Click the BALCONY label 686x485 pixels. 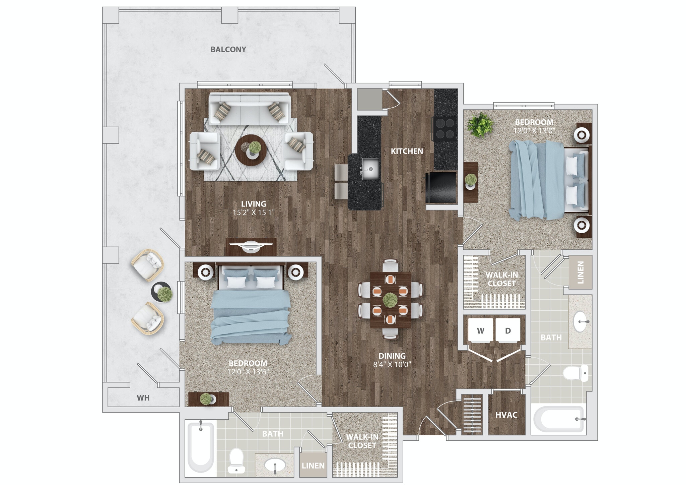(x=228, y=50)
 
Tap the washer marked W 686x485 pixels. (x=480, y=330)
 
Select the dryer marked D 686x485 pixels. (x=508, y=330)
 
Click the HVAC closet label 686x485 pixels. (x=506, y=415)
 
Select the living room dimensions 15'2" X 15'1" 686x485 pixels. (x=254, y=213)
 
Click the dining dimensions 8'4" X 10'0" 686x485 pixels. (x=392, y=365)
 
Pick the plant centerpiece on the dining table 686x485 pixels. (x=390, y=299)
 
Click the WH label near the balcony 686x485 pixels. (x=143, y=398)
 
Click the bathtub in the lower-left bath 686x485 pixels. (x=200, y=447)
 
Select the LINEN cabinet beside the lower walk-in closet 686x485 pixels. (x=313, y=465)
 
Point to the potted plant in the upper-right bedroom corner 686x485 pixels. (x=480, y=125)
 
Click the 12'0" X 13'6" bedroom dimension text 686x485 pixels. (x=248, y=372)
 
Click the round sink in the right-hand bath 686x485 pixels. (x=581, y=321)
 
